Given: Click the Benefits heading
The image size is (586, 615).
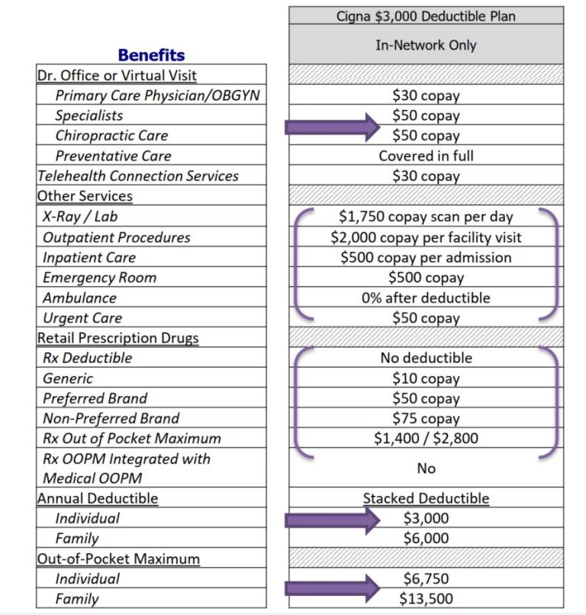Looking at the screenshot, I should click(x=151, y=55).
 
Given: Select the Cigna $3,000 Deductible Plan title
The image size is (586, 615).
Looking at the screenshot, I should click(x=426, y=15).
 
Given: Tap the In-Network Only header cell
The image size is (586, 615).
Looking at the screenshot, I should click(x=426, y=45).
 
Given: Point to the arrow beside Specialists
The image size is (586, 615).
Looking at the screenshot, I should click(x=332, y=127).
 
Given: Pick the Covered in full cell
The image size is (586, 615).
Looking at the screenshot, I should click(x=426, y=156).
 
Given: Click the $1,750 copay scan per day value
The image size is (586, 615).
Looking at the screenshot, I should click(x=426, y=217).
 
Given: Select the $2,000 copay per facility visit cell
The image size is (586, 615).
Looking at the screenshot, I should click(x=426, y=237).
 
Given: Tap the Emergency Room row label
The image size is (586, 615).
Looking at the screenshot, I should click(x=99, y=278).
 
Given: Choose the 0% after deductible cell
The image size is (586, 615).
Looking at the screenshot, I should click(x=426, y=298).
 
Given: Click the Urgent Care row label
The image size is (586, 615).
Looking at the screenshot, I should click(x=82, y=318).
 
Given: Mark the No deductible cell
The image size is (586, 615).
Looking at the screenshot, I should click(x=426, y=358).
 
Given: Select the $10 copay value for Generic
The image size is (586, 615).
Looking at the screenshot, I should click(x=426, y=378).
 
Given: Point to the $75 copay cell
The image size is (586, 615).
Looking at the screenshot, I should click(x=426, y=418).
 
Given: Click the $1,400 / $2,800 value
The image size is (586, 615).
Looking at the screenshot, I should click(x=426, y=439).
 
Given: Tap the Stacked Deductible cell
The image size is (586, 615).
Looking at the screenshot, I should click(x=426, y=498).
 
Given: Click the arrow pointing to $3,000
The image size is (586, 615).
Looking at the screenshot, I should click(x=332, y=520).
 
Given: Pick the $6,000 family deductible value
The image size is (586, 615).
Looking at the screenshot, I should click(x=426, y=538).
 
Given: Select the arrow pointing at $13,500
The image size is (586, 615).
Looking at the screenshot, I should click(x=332, y=588).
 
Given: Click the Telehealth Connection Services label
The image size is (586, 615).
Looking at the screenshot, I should click(x=138, y=175).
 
